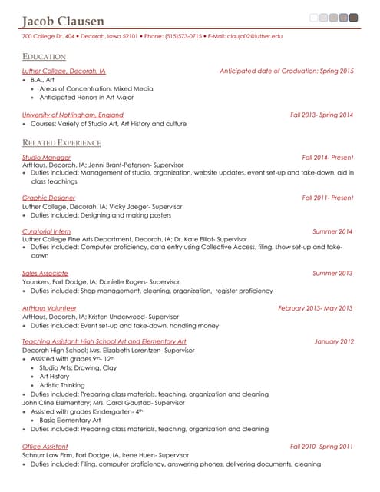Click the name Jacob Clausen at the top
(x=64, y=20)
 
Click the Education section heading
(x=44, y=57)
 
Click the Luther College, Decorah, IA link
(x=64, y=71)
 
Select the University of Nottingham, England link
(x=72, y=115)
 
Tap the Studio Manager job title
(x=46, y=157)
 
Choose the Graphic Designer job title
(x=48, y=198)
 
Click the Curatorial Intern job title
(x=47, y=231)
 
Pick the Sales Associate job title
(x=45, y=273)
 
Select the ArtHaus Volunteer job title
(x=49, y=307)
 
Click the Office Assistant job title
(x=45, y=446)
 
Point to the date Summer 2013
(x=332, y=273)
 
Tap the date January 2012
(x=334, y=341)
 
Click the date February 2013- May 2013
(x=316, y=307)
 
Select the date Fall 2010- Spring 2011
(x=322, y=446)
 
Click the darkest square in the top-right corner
(x=353, y=17)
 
